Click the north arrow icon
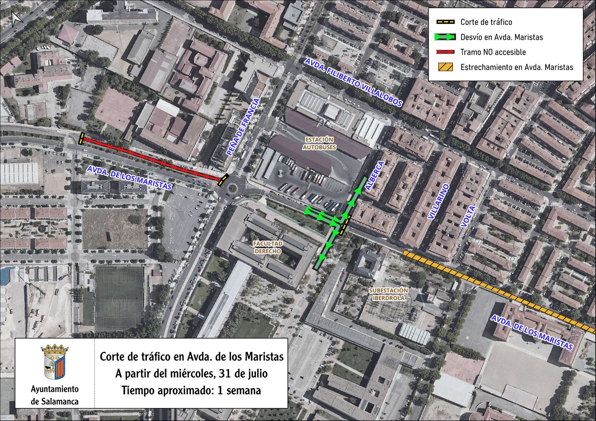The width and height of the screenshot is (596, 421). pos(17,19)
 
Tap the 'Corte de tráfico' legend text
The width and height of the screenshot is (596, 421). pos(486,22)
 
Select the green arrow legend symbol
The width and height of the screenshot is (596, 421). pos(445,37)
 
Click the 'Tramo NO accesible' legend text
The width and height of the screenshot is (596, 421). pos(493,52)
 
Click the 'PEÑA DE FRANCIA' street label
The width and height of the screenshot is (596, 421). pos(243,127)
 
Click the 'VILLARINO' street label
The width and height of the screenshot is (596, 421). pos(439,202)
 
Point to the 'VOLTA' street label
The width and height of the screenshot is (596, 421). pos(468,216)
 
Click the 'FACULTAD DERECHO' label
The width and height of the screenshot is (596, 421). pos(268,247)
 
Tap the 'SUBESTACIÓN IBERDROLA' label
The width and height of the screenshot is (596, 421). pos(388,294)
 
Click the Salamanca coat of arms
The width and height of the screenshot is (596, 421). pos(54,361)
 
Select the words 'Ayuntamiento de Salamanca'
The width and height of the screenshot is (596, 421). pos(55,395)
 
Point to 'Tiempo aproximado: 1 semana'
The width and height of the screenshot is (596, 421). pos(191,390)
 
